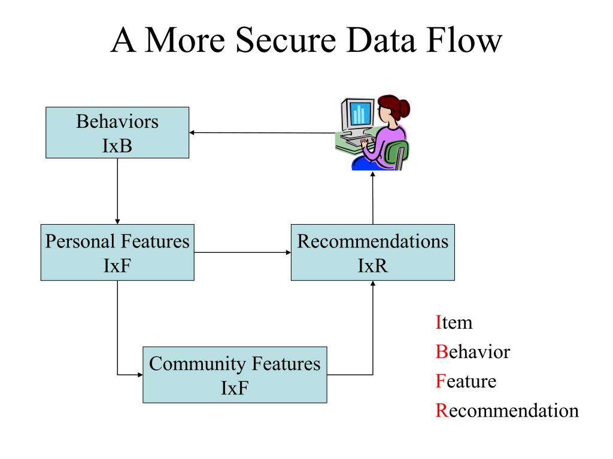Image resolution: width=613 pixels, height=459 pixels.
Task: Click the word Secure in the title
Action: click(286, 40)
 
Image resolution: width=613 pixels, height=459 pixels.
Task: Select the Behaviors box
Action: click(117, 133)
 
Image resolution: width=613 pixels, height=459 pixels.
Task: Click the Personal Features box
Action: click(117, 253)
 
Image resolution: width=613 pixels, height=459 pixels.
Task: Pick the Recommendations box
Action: click(373, 253)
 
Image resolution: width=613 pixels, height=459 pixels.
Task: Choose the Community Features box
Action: click(235, 375)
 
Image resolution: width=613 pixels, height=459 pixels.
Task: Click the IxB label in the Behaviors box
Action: click(117, 146)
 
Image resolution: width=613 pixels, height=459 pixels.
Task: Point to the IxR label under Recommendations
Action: click(373, 266)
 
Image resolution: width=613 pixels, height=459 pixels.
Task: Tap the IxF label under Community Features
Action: click(235, 388)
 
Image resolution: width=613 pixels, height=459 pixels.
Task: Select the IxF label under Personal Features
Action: click(117, 266)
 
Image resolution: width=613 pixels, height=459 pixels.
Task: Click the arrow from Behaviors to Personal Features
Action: click(117, 191)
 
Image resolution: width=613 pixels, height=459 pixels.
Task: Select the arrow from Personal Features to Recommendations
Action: click(242, 253)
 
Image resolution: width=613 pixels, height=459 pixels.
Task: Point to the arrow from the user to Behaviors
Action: click(262, 133)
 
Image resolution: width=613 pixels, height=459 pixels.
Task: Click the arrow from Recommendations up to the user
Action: click(373, 198)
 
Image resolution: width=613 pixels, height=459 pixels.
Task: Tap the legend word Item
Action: click(454, 323)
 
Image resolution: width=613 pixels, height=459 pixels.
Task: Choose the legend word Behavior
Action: click(473, 352)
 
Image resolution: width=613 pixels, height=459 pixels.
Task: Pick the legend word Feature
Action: click(466, 381)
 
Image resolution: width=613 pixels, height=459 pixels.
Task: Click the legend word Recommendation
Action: click(507, 411)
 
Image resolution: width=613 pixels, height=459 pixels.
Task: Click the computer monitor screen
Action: click(360, 113)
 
